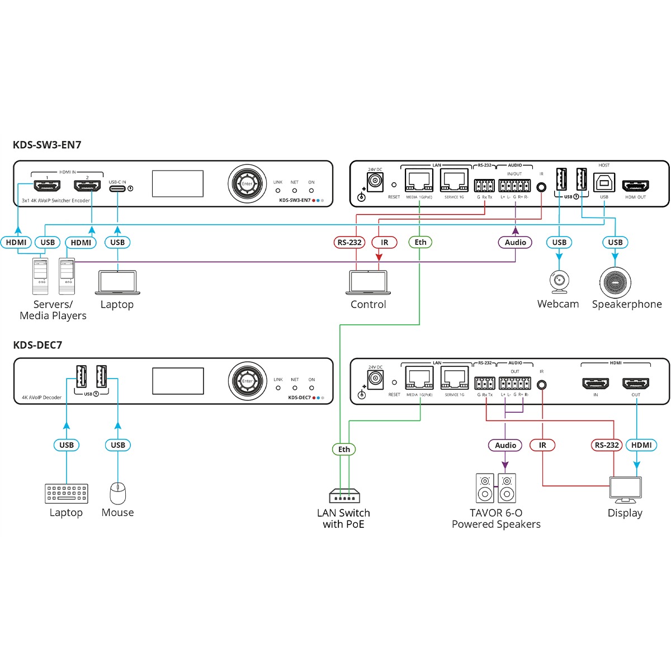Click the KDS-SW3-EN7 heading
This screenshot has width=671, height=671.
tap(47, 145)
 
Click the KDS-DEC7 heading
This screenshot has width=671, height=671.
tap(37, 345)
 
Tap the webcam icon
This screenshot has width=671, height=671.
tap(559, 282)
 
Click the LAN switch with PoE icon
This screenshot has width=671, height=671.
tap(344, 496)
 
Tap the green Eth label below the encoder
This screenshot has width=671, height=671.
tap(420, 242)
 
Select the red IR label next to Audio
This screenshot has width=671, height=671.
tap(542, 445)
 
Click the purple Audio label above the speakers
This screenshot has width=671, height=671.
tap(505, 445)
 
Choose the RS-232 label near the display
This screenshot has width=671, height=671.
tap(607, 445)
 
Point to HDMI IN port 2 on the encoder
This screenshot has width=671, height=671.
tap(87, 186)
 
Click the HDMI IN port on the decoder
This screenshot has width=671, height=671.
tap(596, 384)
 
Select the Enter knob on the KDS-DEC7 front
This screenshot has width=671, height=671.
tap(247, 381)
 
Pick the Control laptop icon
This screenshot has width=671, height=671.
tap(368, 282)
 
